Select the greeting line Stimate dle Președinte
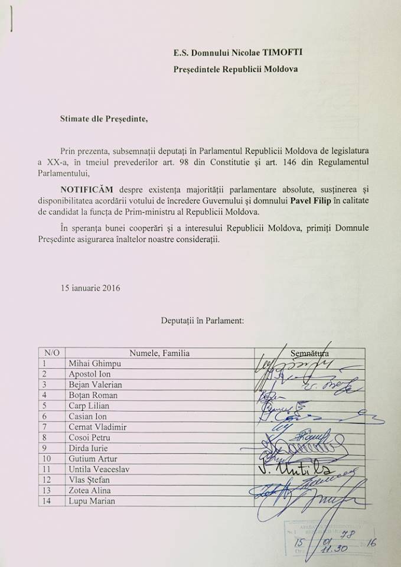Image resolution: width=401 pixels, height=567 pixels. coord(105,118)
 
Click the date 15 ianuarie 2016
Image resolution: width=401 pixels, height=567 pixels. coord(90,288)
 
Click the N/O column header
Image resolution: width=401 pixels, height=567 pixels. coord(52,353)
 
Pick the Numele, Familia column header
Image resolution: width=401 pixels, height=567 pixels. coord(159,353)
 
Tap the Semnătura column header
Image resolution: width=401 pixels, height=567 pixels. coord(309,353)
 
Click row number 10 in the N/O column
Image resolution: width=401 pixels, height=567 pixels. coord(47,459)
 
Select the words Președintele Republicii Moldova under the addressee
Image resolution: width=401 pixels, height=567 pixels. coord(236,69)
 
